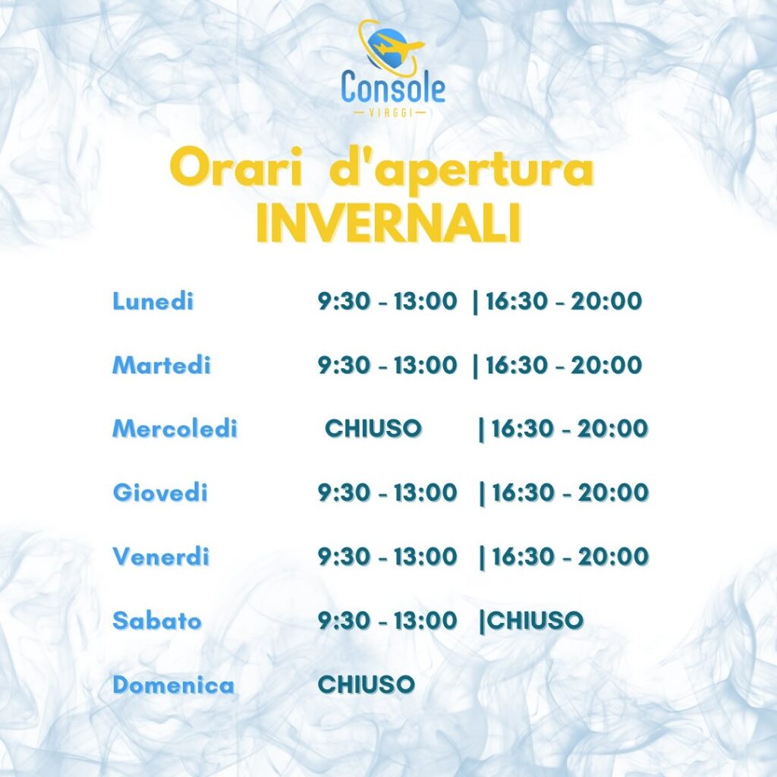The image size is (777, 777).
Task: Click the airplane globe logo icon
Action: click(391, 48)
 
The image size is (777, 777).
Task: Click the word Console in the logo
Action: click(393, 87)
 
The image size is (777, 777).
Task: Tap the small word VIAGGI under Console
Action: click(391, 113)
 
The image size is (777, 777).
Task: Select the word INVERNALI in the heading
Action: click(388, 223)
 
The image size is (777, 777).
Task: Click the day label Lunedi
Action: click(153, 300)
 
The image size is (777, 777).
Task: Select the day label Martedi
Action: click(162, 365)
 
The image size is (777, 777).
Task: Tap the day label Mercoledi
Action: click(175, 428)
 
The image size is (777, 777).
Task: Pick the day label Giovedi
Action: click(160, 492)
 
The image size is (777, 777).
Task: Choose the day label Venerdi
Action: click(161, 556)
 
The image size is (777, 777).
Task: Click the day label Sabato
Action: click(156, 621)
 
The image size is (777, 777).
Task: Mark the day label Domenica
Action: click(174, 684)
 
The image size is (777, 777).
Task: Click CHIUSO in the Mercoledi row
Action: click(373, 428)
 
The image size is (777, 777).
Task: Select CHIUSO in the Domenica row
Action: click(366, 684)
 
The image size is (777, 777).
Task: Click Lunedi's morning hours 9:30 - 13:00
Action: click(387, 300)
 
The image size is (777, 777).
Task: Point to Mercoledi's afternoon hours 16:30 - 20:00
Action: click(569, 428)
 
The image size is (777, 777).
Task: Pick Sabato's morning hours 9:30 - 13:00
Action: click(387, 621)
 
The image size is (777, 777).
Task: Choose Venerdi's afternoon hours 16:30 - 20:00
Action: click(570, 556)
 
